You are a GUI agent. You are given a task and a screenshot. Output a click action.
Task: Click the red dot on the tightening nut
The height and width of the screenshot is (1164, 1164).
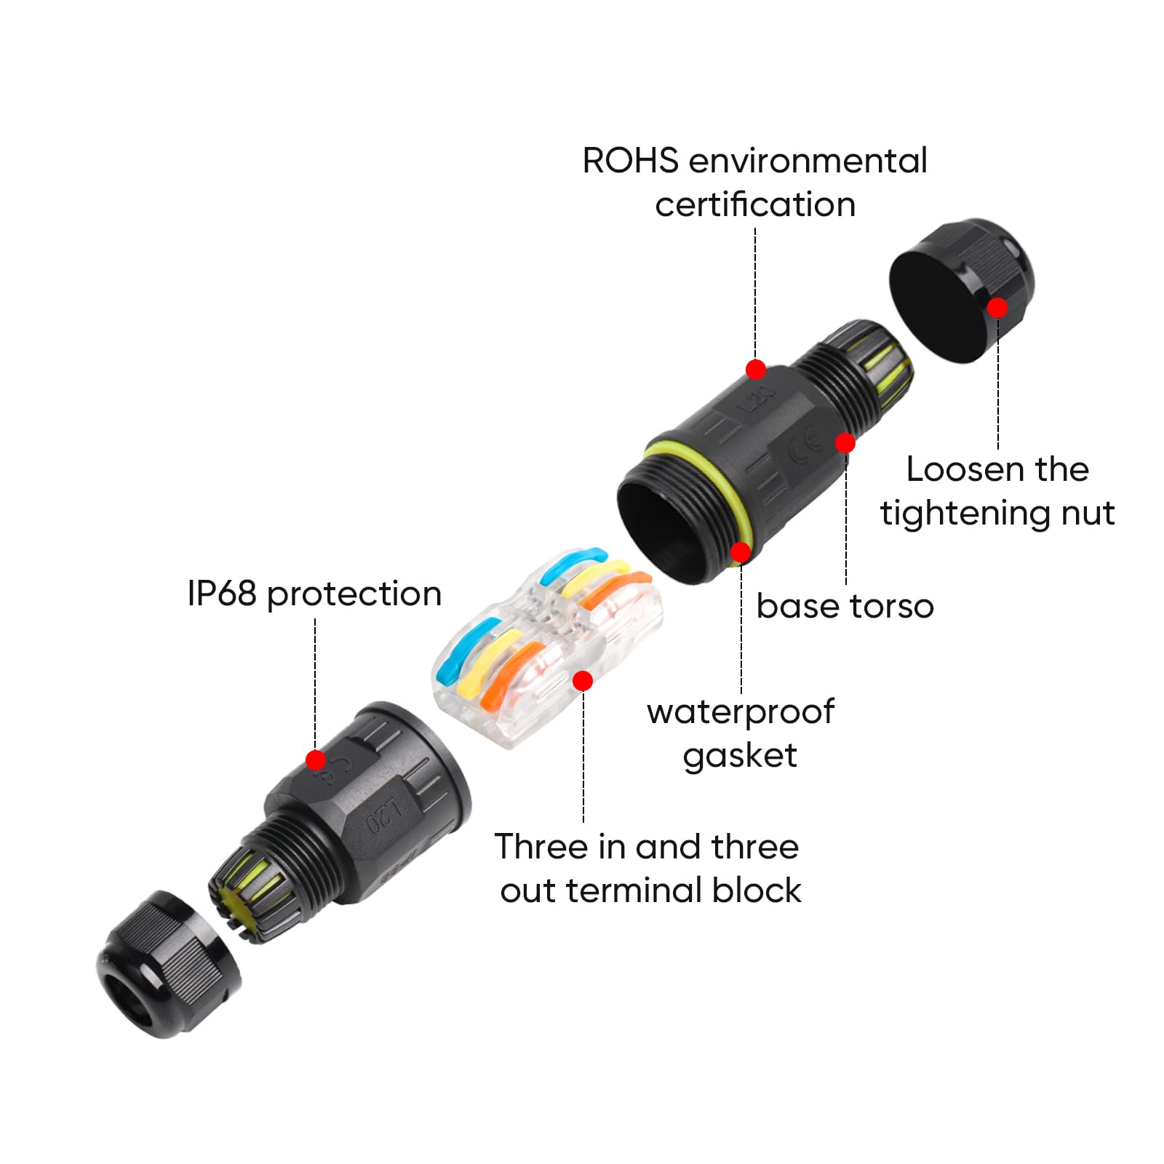tap(997, 308)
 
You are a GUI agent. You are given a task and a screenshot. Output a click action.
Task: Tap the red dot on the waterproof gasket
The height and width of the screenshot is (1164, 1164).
tap(741, 552)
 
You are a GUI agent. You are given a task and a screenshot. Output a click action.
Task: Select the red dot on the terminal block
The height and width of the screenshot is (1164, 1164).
tap(583, 681)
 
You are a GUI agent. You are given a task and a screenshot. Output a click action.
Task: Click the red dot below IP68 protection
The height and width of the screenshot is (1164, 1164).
tap(316, 760)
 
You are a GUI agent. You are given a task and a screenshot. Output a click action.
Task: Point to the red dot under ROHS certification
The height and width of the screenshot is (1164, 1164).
tap(756, 370)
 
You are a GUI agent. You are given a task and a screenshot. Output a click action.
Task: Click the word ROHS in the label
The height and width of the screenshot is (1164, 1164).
tap(631, 161)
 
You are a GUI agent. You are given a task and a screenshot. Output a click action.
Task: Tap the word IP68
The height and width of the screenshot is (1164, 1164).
tap(222, 594)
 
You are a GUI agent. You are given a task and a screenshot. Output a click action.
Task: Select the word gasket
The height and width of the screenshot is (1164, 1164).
tap(740, 757)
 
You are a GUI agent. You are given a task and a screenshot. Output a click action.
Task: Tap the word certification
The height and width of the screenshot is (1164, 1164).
tap(755, 204)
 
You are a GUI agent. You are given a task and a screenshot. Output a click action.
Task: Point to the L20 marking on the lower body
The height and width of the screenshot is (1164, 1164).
tap(384, 816)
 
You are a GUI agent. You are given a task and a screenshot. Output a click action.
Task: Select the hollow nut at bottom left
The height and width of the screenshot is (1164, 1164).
tap(169, 964)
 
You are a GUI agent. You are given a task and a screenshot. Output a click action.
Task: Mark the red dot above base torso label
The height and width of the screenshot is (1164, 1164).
tap(845, 442)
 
